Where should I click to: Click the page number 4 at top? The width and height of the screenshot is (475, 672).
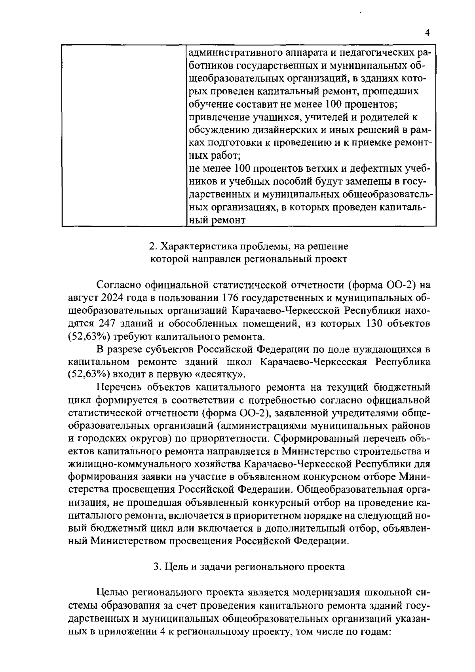pos(427,33)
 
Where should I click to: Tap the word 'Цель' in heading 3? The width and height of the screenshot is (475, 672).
pos(177,567)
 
